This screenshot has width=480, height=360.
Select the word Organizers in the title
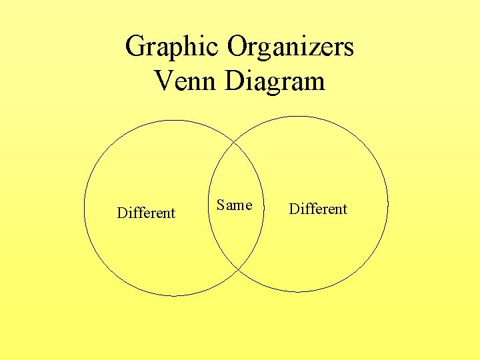[x=291, y=47]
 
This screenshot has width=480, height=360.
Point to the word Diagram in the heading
[x=275, y=82]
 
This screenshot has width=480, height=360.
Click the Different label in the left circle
[x=146, y=213]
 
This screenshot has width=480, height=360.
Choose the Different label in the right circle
[x=318, y=209]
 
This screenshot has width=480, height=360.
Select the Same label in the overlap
[x=234, y=205]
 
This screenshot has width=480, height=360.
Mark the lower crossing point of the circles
[x=238, y=269]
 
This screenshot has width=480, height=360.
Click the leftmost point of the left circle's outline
[x=84, y=208]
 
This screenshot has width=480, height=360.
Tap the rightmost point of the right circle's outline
[x=388, y=204]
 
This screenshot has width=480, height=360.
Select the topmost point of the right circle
[x=298, y=117]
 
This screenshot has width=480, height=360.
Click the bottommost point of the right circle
[x=298, y=292]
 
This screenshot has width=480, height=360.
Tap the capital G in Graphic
[x=135, y=47]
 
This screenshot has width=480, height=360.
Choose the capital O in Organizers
[x=238, y=47]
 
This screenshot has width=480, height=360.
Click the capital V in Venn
[x=163, y=81]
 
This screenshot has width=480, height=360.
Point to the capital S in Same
[x=221, y=205]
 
